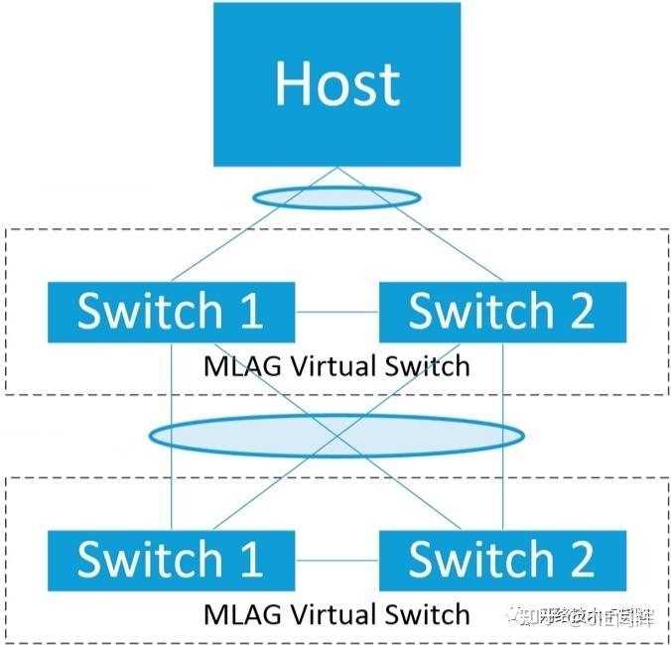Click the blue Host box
tap(337, 84)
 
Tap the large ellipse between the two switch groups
tap(335, 435)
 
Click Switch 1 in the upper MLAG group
tap(171, 312)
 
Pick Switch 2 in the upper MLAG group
tap(502, 312)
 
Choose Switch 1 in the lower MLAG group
tap(171, 560)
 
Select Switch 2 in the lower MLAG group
tap(502, 560)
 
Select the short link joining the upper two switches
tap(336, 313)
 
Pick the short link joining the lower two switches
tap(336, 561)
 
